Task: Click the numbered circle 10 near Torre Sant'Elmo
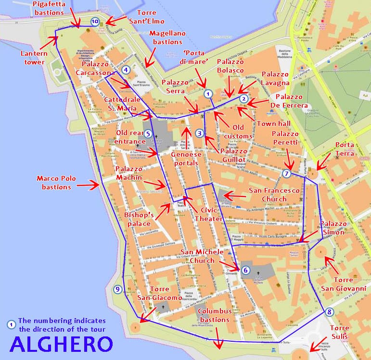coord(95,21)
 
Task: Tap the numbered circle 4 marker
coord(126,70)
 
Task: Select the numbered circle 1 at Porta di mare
coord(208,94)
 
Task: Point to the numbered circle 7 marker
coord(287,174)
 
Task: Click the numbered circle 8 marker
coord(329,312)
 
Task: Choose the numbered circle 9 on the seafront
coord(117,289)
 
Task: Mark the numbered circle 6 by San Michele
coord(245,270)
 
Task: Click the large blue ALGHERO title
coord(61,344)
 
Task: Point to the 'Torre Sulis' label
coord(340,332)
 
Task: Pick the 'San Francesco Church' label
coord(274,195)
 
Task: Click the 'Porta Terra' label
coord(344,149)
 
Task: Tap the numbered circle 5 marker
coord(148,134)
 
